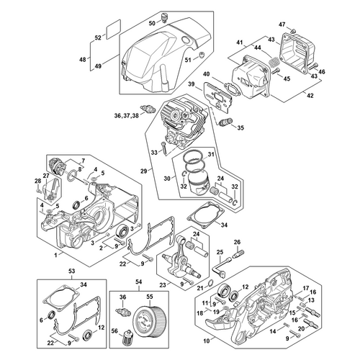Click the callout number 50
pyautogui.click(x=152, y=23)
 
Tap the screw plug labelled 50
pyautogui.click(x=163, y=18)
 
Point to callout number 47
pyautogui.click(x=282, y=24)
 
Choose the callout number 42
pyautogui.click(x=310, y=95)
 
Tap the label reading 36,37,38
pyautogui.click(x=126, y=116)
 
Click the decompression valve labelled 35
pyautogui.click(x=225, y=122)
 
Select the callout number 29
pyautogui.click(x=143, y=171)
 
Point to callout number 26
pyautogui.click(x=237, y=242)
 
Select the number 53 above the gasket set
pyautogui.click(x=71, y=271)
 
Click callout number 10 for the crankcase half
pyautogui.click(x=207, y=340)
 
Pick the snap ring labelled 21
pyautogui.click(x=210, y=283)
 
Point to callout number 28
pyautogui.click(x=38, y=181)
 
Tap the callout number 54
pyautogui.click(x=139, y=282)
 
